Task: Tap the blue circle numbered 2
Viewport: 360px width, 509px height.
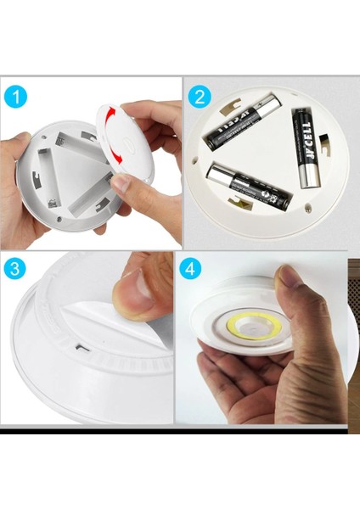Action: [x=201, y=96]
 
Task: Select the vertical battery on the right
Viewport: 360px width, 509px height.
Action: [x=305, y=147]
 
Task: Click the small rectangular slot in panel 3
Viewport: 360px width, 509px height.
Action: [x=79, y=347]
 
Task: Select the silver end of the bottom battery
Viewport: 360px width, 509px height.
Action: [x=211, y=171]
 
